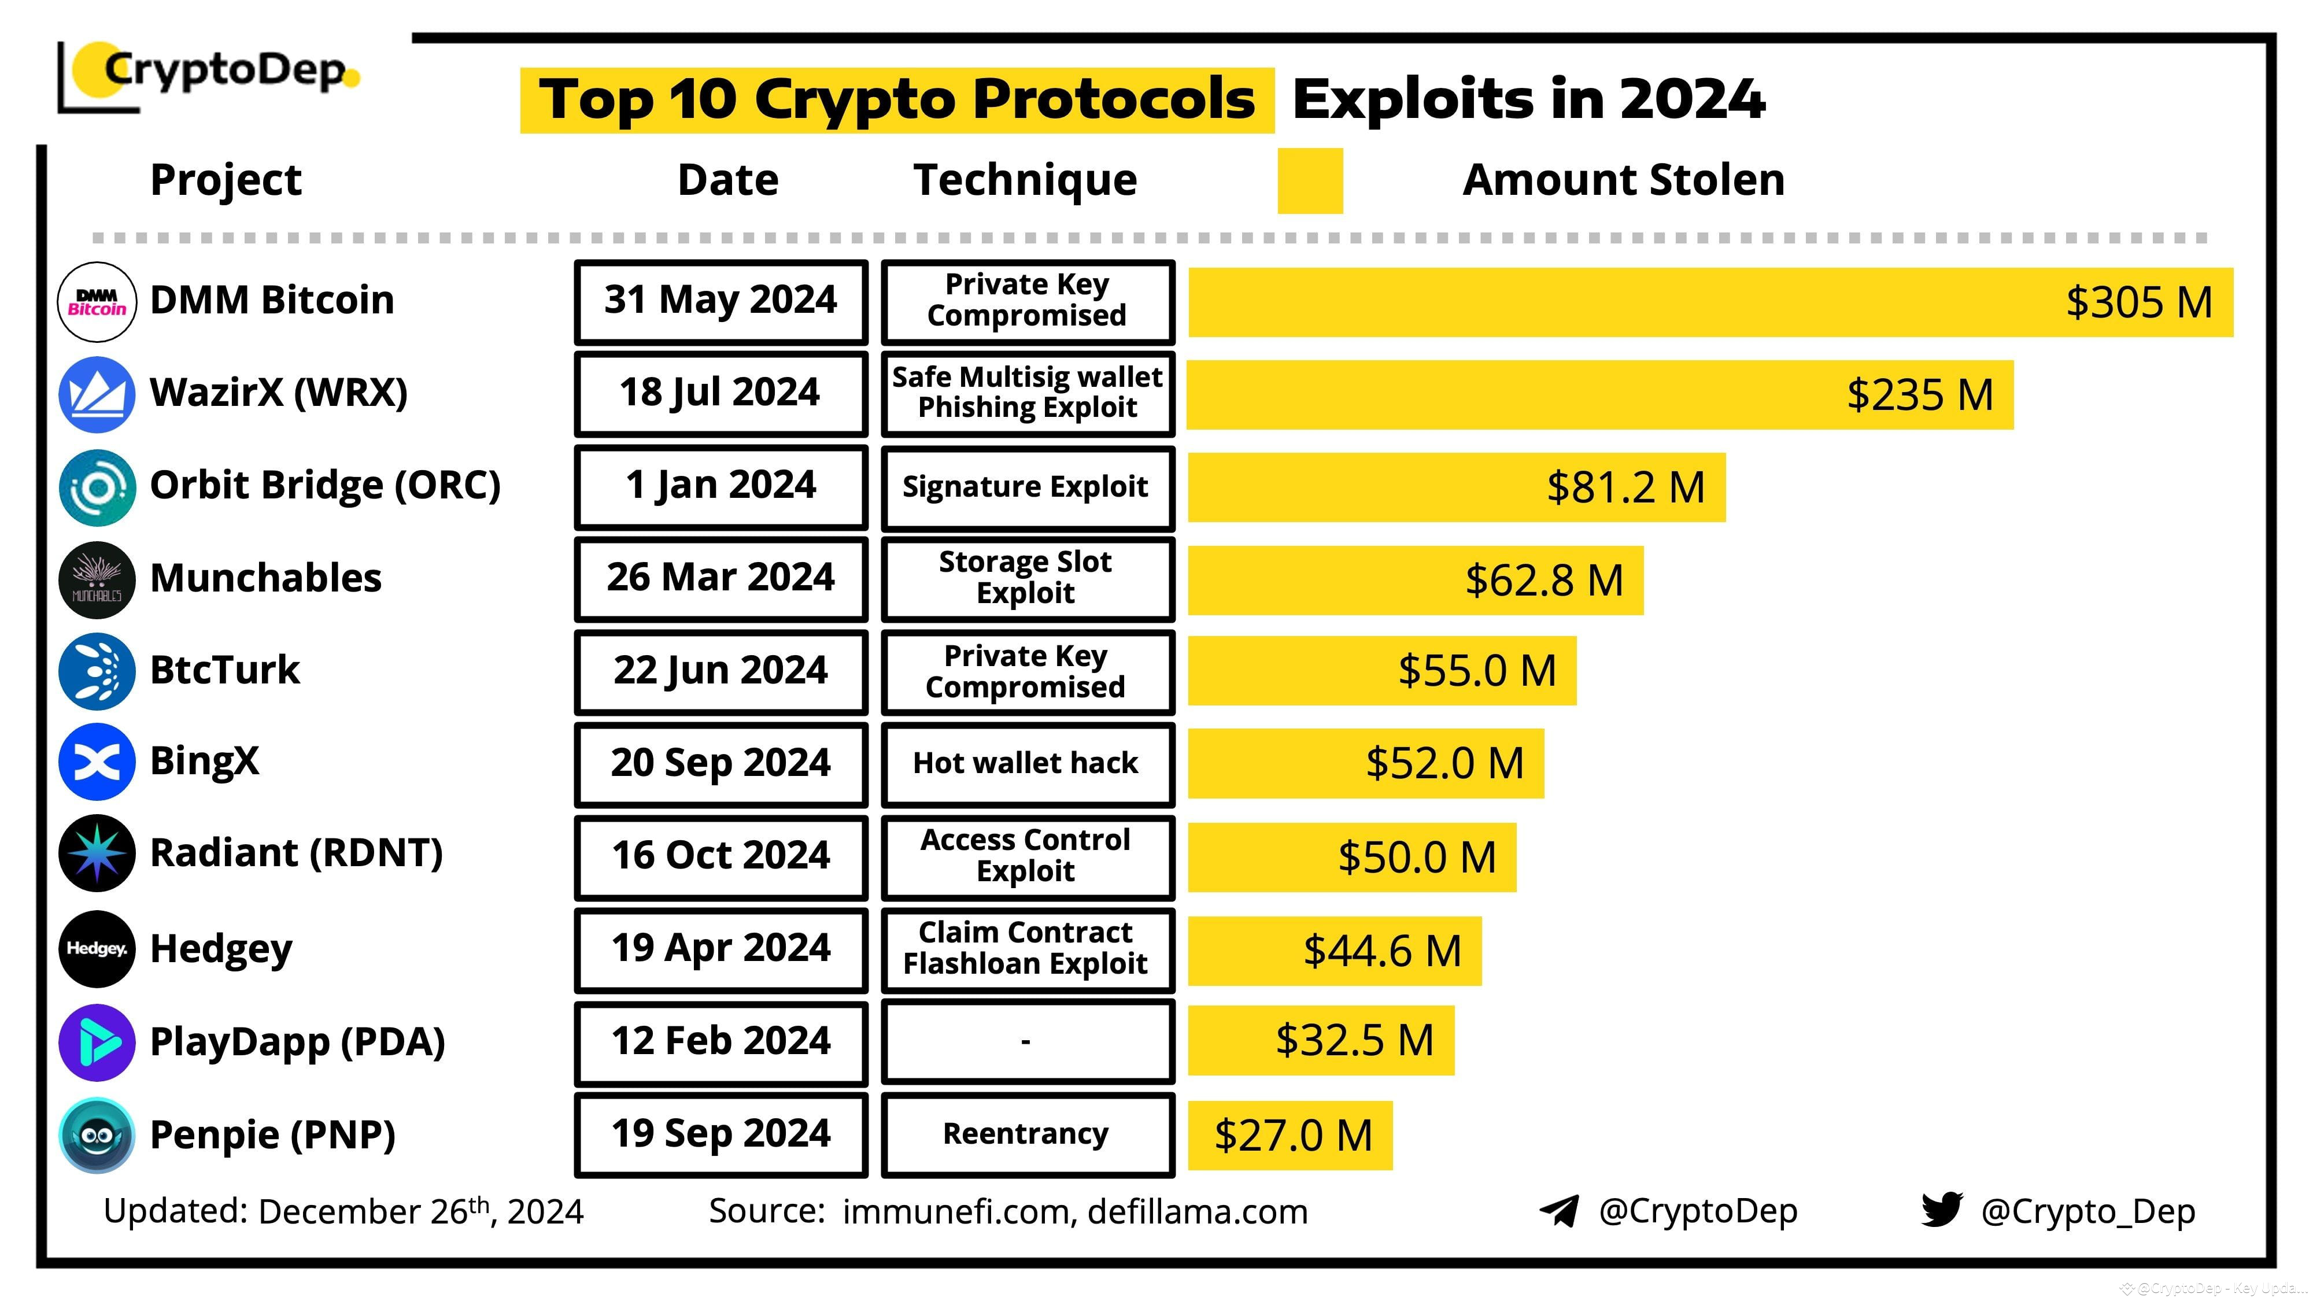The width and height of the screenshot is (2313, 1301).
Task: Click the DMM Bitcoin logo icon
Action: tap(97, 302)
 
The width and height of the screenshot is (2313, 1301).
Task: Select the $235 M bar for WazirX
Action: tap(1598, 395)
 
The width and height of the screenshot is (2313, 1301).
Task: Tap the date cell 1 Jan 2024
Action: tap(721, 486)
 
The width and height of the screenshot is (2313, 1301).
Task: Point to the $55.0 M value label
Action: tap(1476, 671)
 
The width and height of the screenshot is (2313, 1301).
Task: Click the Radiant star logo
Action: tap(97, 853)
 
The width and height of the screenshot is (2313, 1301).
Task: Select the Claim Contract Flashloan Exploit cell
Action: tap(1027, 949)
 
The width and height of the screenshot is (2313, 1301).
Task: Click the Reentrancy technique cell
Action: tap(1027, 1134)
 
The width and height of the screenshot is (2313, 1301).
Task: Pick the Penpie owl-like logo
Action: tap(97, 1135)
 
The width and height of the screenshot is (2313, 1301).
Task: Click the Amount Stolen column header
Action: tap(1623, 180)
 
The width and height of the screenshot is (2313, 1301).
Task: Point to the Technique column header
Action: tap(1025, 180)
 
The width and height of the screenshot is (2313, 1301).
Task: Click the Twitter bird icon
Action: tap(1941, 1210)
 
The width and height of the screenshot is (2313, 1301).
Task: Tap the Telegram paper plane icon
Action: tap(1560, 1210)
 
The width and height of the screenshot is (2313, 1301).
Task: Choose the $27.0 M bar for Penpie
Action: tap(1289, 1135)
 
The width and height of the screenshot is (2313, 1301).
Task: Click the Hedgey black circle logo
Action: tap(97, 949)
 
